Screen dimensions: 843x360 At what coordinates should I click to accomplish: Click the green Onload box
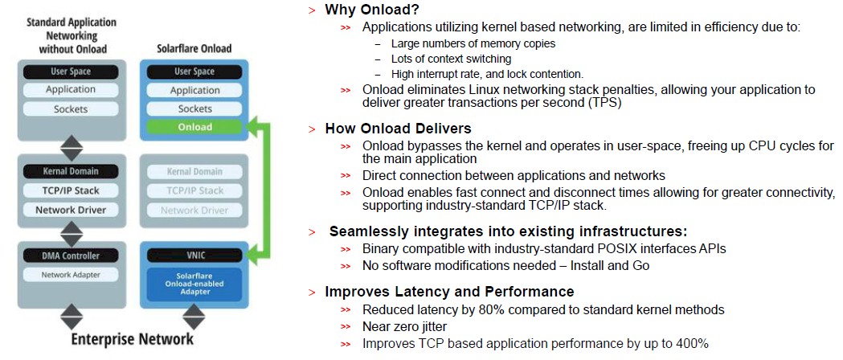pos(194,127)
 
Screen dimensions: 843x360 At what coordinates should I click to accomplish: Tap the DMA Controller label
pos(71,256)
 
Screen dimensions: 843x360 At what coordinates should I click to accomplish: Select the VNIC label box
pos(194,256)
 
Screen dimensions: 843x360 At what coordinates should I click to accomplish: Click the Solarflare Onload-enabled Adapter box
pos(194,284)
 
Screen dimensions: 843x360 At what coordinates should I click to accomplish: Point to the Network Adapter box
pos(71,275)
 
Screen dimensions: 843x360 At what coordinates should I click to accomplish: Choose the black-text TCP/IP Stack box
pos(71,190)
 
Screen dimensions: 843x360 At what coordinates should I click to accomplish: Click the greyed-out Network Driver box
pos(194,211)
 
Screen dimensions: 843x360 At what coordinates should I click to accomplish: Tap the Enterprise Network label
pos(133,339)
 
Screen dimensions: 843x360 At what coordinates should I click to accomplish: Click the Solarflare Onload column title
pos(194,48)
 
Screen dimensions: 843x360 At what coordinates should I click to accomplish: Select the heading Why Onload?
pos(371,10)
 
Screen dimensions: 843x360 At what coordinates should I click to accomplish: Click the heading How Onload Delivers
pos(398,129)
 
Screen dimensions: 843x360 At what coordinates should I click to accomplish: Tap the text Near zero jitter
pos(404,326)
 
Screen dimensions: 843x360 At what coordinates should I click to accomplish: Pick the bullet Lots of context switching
pos(451,59)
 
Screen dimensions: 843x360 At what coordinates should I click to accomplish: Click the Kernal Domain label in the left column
pos(71,171)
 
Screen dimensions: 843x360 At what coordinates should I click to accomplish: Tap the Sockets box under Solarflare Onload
pos(194,108)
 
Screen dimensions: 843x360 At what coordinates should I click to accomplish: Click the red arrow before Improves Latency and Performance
pos(313,292)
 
